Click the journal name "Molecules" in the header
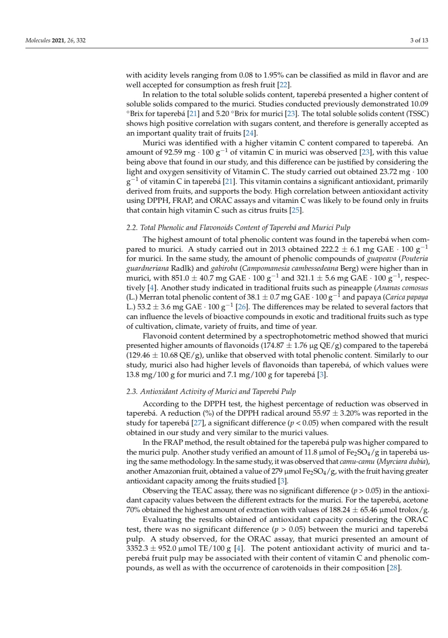point(38,41)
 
